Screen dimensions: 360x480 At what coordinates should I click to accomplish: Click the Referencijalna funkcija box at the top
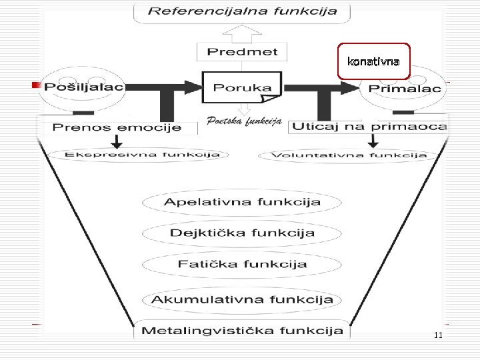242,11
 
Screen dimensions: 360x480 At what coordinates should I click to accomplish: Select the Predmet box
242,51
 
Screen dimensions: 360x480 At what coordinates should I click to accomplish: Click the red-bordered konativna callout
373,61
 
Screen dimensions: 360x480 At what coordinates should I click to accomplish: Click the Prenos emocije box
117,127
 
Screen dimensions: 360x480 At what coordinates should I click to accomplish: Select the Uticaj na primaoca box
370,126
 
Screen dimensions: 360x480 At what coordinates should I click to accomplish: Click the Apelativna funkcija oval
242,202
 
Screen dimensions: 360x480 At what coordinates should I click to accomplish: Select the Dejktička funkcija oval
242,233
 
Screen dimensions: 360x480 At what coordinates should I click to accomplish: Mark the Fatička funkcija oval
242,264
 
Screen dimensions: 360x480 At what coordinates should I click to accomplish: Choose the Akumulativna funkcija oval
242,299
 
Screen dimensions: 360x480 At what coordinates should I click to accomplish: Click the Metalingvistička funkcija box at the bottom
242,330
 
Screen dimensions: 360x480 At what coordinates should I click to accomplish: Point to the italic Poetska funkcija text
244,121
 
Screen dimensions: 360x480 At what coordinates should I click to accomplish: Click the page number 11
437,335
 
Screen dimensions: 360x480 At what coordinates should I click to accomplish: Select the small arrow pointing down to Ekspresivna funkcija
117,141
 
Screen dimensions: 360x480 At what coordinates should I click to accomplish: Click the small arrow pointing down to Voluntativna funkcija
373,141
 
